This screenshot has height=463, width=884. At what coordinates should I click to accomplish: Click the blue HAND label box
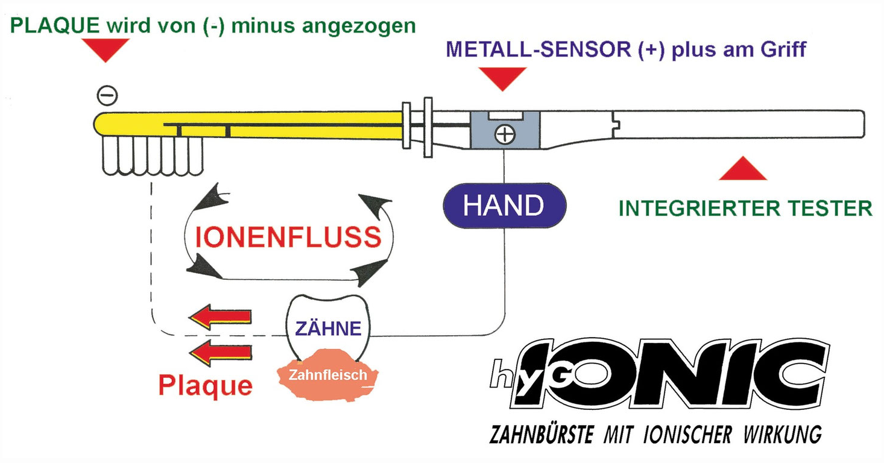(x=504, y=206)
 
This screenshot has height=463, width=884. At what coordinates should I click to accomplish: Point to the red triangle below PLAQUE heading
(x=106, y=49)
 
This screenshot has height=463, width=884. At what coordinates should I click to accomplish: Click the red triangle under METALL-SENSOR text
(x=502, y=78)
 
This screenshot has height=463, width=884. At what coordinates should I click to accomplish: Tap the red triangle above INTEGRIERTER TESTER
(x=742, y=170)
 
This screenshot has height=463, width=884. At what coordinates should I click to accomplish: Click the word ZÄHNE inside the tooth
(x=328, y=329)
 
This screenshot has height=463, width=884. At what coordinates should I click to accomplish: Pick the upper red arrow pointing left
(x=219, y=316)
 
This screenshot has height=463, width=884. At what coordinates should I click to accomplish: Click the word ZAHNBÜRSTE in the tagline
(x=543, y=434)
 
